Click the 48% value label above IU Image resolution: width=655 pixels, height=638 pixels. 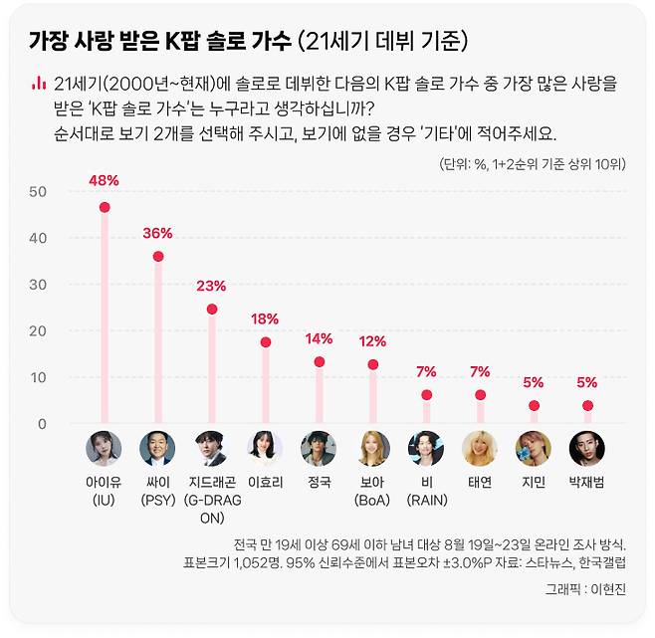(105, 181)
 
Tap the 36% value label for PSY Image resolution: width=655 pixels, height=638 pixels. (157, 233)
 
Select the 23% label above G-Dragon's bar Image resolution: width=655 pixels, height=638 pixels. (211, 286)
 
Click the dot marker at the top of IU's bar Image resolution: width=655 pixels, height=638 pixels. (105, 208)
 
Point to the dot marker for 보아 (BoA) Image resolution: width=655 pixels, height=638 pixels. (372, 365)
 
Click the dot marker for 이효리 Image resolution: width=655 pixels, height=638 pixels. (265, 342)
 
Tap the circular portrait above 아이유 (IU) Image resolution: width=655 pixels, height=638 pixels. (104, 449)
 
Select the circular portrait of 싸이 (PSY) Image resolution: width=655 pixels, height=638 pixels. (157, 449)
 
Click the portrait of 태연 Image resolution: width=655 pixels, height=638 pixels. (480, 449)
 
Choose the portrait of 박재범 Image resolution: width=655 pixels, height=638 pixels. (586, 449)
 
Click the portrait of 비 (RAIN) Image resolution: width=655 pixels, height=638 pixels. (426, 449)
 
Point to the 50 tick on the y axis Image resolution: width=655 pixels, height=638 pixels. (38, 191)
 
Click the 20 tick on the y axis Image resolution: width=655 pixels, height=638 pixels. (38, 331)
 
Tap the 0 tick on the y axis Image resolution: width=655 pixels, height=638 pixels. (42, 424)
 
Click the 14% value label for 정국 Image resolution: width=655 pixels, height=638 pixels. (319, 338)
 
